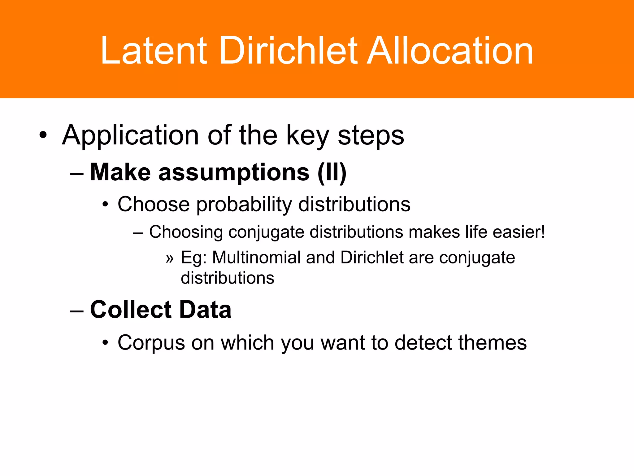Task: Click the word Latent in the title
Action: point(154,51)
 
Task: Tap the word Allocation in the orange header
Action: point(450,51)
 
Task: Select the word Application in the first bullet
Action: point(130,136)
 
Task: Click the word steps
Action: point(371,136)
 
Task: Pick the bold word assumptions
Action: point(234,172)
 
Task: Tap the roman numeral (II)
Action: point(332,172)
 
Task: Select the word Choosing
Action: point(186,232)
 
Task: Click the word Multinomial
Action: point(257,258)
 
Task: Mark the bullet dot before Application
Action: point(43,135)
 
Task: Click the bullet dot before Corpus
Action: point(106,343)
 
